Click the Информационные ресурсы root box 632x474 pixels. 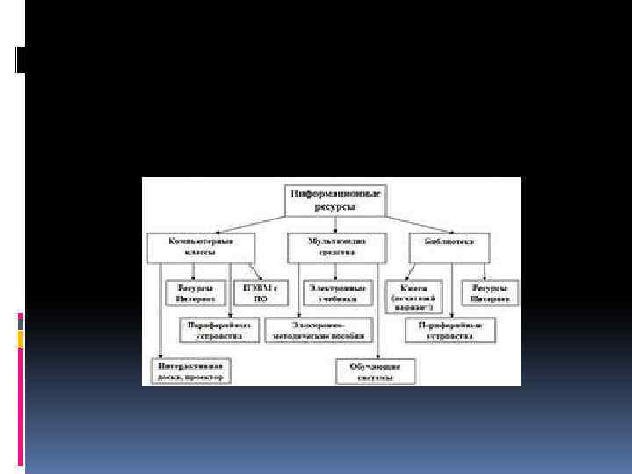[x=336, y=198]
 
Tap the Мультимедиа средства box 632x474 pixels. [x=337, y=246]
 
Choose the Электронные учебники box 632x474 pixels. [x=338, y=292]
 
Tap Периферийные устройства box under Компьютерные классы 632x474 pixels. [x=216, y=329]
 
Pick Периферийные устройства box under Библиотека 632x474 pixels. [x=450, y=329]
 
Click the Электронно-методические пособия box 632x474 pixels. [x=324, y=329]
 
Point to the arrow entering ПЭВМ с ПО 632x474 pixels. [x=255, y=275]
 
